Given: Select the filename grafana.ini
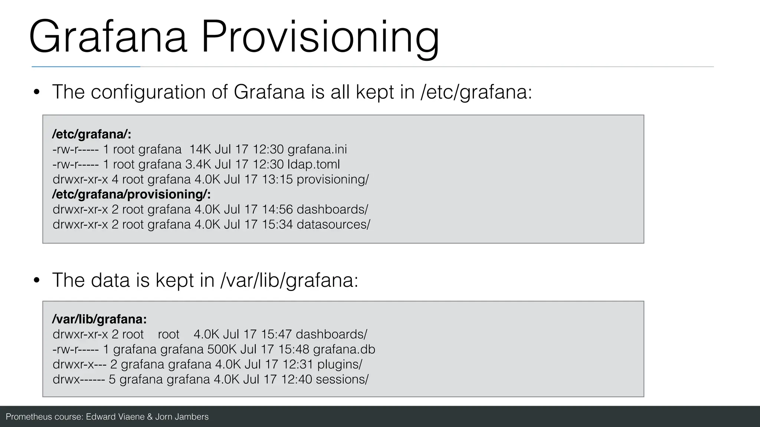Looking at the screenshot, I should tap(317, 149).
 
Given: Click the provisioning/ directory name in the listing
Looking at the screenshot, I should tap(332, 179).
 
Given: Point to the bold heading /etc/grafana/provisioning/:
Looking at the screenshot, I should tap(131, 194).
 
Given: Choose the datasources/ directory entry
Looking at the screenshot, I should tap(333, 224).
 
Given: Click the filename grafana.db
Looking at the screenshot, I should tap(344, 349).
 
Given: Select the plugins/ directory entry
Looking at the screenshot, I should tap(340, 364).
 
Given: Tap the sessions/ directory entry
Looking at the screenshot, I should tap(342, 379).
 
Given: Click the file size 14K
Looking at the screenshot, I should tap(200, 149).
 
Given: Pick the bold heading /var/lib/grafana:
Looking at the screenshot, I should tap(99, 319).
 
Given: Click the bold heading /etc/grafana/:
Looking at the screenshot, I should tap(92, 134).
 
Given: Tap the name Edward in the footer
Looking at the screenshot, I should tap(101, 417).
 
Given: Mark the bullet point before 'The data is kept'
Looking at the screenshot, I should tap(36, 280).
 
